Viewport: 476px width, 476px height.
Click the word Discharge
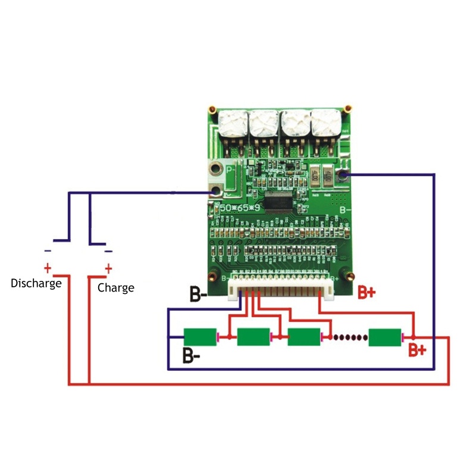click(x=36, y=283)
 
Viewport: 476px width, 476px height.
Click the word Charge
click(x=115, y=288)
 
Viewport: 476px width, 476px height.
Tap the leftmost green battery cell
click(x=200, y=337)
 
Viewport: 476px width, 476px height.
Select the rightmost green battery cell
click(x=385, y=337)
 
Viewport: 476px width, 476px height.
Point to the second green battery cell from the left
click(x=253, y=337)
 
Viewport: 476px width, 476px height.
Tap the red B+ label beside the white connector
click(x=367, y=292)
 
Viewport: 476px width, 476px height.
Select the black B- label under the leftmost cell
click(x=190, y=357)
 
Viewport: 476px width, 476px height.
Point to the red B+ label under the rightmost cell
click(x=417, y=350)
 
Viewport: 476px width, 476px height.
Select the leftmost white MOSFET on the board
click(x=233, y=124)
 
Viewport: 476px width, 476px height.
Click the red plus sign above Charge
click(x=108, y=267)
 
